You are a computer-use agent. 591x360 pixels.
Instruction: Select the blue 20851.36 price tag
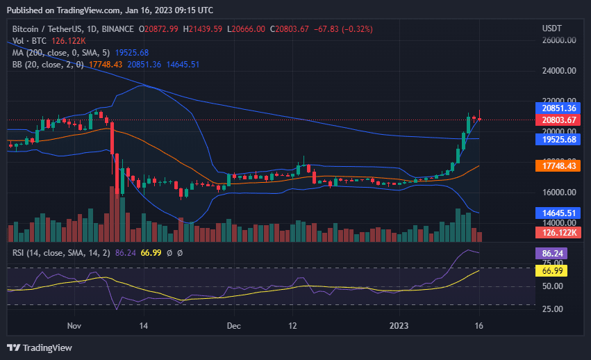(559, 108)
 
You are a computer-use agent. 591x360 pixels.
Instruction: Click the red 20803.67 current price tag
(559, 120)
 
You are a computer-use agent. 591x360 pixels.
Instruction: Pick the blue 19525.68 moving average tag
(559, 139)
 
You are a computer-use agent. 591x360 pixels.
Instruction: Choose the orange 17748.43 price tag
(559, 166)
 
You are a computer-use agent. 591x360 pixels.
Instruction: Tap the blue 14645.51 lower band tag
(559, 213)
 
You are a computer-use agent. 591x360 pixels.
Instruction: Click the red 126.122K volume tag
(559, 231)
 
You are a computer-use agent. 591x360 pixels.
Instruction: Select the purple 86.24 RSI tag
(553, 254)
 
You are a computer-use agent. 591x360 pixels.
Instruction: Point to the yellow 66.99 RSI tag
(553, 270)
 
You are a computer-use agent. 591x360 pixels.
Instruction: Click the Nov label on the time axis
(75, 325)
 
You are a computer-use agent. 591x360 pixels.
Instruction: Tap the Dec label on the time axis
(234, 325)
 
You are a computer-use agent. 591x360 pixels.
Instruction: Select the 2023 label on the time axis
(399, 325)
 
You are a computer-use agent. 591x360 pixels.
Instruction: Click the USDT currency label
(552, 28)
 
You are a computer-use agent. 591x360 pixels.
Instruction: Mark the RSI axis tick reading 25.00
(553, 309)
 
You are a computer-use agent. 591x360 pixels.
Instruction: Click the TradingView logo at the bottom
(40, 347)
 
